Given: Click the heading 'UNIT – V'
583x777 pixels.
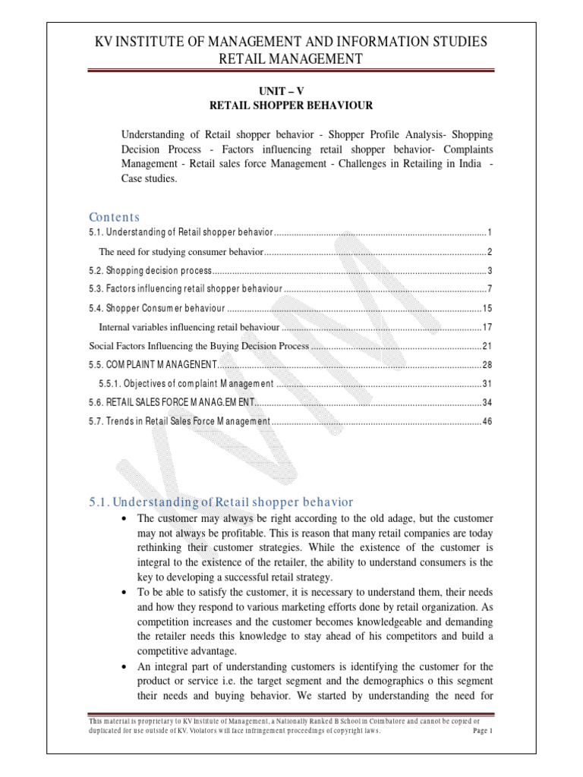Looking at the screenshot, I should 291,90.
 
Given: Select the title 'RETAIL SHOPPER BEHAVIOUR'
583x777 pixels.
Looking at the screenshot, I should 291,105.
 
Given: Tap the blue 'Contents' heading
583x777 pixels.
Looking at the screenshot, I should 115,217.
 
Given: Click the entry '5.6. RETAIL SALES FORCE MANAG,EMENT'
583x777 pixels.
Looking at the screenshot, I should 170,402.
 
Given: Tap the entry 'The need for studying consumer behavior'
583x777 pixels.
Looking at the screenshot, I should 181,252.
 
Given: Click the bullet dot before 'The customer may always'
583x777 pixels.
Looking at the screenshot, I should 124,518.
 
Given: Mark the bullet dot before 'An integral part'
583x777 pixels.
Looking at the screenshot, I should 124,666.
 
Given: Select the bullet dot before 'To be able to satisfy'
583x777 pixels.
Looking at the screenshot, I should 124,592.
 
